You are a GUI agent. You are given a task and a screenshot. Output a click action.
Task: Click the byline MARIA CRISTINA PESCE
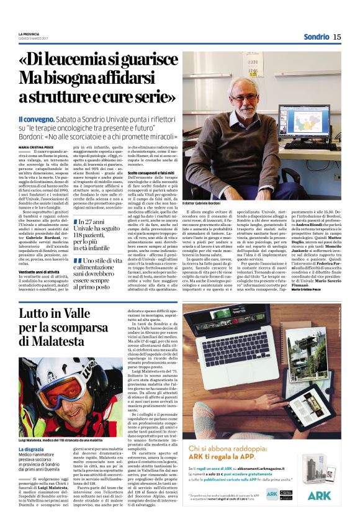37,147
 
